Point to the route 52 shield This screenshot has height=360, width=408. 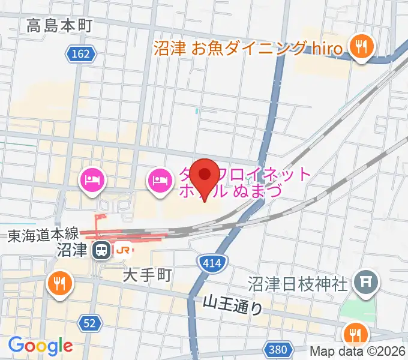tap(89, 323)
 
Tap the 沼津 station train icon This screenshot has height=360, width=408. tap(103, 250)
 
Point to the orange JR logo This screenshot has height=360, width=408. tap(124, 250)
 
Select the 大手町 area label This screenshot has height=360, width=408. tap(148, 275)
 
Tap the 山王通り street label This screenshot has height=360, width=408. tap(233, 304)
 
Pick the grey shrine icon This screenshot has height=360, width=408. tap(364, 280)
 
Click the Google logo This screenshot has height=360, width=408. tap(40, 345)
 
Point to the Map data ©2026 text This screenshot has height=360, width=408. tap(358, 352)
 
